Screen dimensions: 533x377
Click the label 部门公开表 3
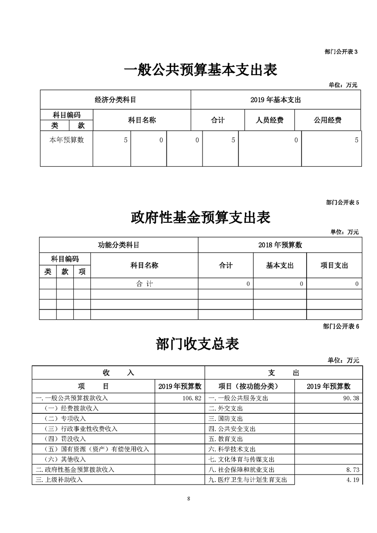340,51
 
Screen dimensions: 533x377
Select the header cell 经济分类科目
116,100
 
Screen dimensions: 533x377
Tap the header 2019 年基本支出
275,100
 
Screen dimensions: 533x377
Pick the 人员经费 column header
270,120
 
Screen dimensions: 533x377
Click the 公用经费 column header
327,120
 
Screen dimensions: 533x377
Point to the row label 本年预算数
67,140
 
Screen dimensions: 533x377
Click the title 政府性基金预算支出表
200,218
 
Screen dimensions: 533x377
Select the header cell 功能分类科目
118,245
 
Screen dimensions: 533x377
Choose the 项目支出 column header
334,265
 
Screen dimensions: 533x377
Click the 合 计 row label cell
144,284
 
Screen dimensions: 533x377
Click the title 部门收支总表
197,344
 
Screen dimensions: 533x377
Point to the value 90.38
350,398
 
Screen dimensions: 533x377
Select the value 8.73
352,469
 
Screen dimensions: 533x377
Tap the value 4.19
352,480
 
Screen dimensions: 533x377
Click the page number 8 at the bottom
189,498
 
